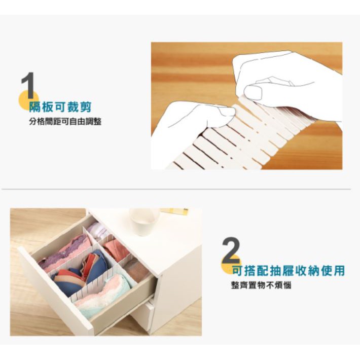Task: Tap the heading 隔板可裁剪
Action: point(60,107)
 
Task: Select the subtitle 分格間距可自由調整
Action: point(65,121)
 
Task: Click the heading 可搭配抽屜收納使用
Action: point(289,270)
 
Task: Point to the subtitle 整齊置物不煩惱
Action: point(261,285)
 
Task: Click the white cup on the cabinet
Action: point(144,222)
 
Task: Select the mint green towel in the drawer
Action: point(108,299)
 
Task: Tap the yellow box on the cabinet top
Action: point(174,211)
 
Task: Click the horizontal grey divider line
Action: point(176,189)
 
